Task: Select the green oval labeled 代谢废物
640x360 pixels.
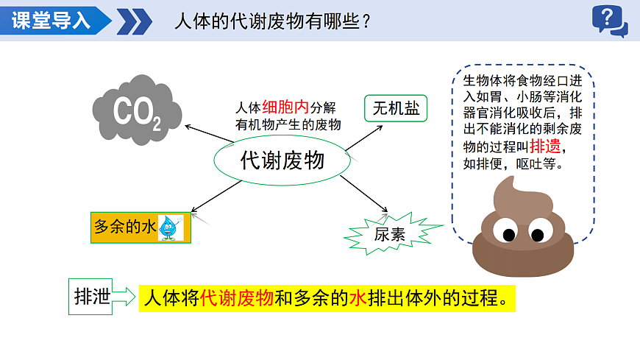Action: coord(282,160)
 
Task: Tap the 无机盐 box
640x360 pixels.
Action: coord(396,109)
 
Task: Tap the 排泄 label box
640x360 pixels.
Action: coord(91,297)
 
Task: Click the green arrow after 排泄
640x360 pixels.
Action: coord(124,297)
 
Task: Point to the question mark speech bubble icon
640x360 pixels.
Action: coord(609,20)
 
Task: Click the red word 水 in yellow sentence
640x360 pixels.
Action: coord(358,298)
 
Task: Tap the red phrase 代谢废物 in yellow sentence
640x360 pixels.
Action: coord(236,298)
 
